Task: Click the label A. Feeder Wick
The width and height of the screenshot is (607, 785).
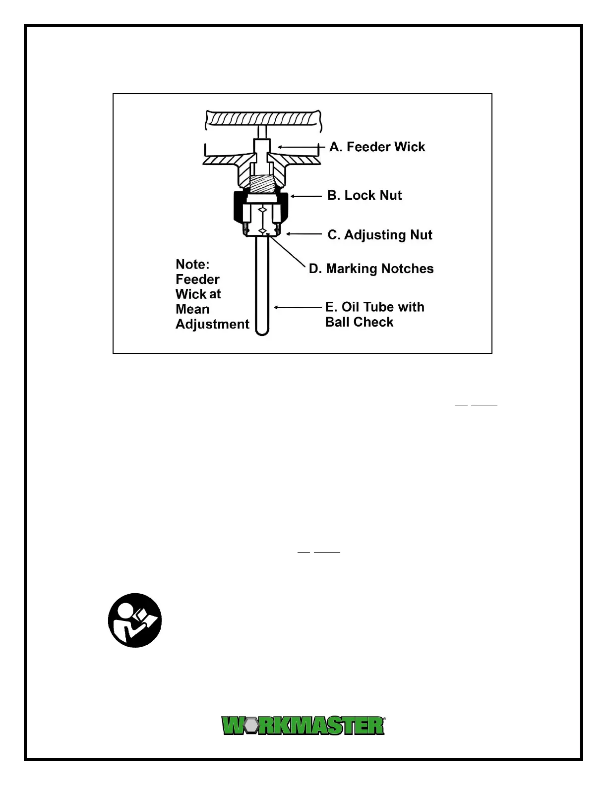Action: (x=377, y=147)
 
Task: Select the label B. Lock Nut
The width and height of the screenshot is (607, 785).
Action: (x=364, y=195)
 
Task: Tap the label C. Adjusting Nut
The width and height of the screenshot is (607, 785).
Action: (x=380, y=235)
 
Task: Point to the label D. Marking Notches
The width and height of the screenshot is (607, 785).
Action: (x=371, y=269)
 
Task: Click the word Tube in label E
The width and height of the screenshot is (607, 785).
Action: (x=380, y=307)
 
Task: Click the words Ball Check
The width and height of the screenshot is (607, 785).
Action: (x=359, y=322)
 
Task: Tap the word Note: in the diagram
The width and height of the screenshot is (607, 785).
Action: (x=192, y=264)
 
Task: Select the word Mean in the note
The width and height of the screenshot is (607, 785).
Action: (x=192, y=309)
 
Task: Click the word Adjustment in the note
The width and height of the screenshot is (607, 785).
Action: (x=212, y=324)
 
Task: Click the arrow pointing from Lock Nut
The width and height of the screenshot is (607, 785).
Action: (x=306, y=196)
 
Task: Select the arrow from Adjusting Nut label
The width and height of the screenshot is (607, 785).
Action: (x=303, y=234)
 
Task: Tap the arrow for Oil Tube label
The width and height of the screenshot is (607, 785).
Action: (x=298, y=307)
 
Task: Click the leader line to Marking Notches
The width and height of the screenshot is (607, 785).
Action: (x=288, y=253)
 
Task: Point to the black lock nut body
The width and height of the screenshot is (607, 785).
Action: (x=239, y=208)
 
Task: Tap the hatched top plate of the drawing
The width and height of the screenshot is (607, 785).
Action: (x=261, y=119)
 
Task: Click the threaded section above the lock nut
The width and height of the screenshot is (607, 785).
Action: (x=261, y=184)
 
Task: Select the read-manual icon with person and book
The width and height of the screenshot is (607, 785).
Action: (x=135, y=620)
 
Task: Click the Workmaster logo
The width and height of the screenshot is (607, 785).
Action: (x=303, y=726)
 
